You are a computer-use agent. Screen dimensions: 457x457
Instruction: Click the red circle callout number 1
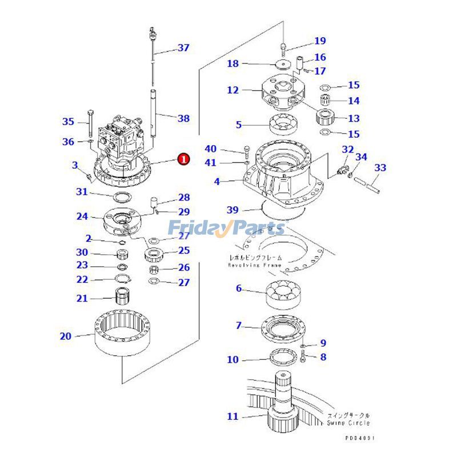click(x=183, y=159)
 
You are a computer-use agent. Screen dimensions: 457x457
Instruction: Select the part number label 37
click(x=183, y=48)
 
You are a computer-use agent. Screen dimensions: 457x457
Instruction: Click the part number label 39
click(x=232, y=210)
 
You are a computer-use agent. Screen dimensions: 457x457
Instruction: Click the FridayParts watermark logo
click(x=226, y=228)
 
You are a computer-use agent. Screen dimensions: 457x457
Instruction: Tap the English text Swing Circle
click(x=348, y=423)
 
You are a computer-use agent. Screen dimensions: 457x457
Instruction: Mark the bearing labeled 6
click(x=284, y=294)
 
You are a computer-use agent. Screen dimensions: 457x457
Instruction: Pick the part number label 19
click(x=319, y=41)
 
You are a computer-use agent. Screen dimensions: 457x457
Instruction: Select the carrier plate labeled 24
click(x=122, y=220)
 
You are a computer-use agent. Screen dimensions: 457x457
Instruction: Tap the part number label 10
click(x=232, y=360)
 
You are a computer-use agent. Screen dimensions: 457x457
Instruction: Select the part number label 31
click(x=82, y=191)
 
